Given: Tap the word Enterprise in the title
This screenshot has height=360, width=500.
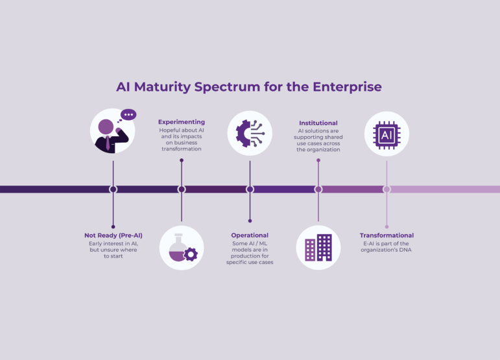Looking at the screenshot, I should coord(348,86).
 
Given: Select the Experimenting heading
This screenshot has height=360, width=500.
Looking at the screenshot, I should coord(182,122).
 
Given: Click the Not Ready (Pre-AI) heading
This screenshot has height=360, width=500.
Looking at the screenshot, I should coord(113,235).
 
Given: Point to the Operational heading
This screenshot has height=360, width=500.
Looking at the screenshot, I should coord(250,235).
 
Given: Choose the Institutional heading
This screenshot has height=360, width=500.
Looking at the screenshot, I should coord(318,123).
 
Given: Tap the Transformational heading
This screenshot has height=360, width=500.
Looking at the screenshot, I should coord(387,235).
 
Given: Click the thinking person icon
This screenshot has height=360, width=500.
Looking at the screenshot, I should coord(112,131).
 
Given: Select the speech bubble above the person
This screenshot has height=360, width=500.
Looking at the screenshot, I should coord(128,115).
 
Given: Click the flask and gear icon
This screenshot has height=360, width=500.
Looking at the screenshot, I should coord(182,247).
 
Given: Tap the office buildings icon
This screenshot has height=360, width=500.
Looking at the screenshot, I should coord(318,247).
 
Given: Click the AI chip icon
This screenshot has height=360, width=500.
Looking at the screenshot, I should coord(387,134).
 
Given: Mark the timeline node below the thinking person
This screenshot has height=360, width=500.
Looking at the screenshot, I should coord(113,189).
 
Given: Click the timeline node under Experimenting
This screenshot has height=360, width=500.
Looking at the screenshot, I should coord(182,189).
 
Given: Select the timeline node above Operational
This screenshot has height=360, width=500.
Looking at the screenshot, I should coord(250,189).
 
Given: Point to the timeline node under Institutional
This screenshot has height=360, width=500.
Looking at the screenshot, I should coord(318,189).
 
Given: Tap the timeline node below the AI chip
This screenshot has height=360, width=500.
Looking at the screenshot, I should coord(387,189).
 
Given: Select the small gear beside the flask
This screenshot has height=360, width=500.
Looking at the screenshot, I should coord(191,255).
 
